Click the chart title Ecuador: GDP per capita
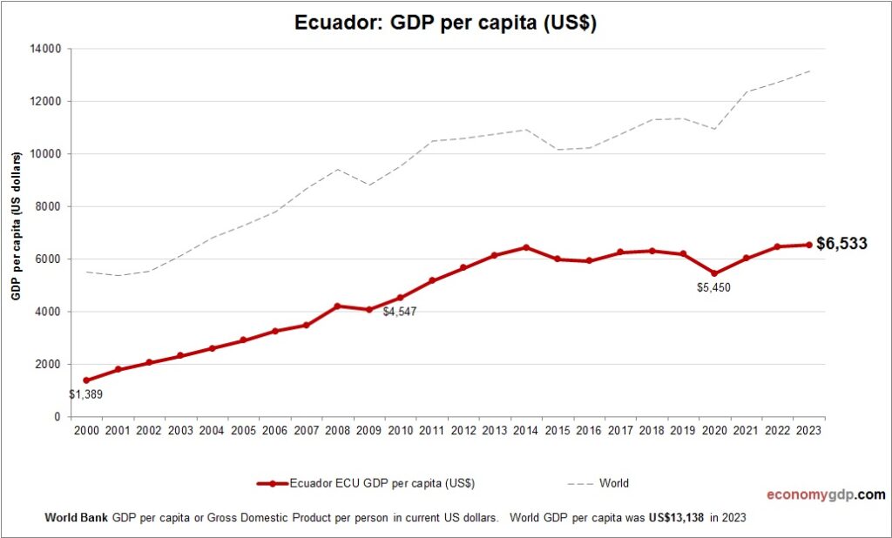445,24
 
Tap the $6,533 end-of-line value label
841,244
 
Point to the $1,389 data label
85,393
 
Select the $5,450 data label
713,287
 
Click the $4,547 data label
399,311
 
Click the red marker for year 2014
525,247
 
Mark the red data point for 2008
337,306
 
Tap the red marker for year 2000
86,380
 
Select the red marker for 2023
808,245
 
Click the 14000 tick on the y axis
44,49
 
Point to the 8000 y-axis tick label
47,206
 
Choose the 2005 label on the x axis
243,430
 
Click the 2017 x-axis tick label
619,430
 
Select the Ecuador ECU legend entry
366,483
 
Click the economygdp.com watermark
825,494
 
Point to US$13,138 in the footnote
677,517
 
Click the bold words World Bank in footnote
77,517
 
